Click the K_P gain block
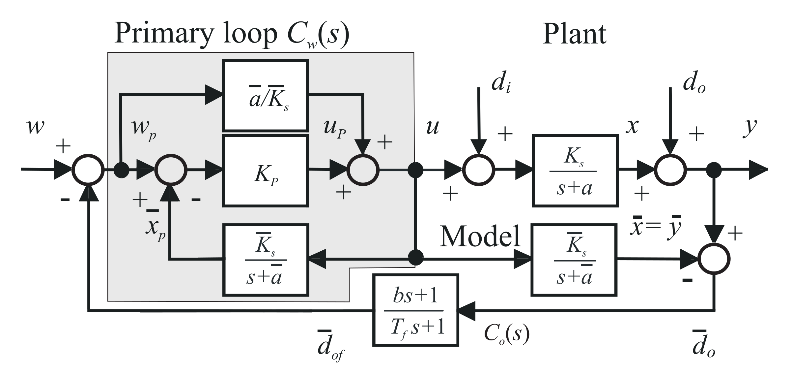click(266, 171)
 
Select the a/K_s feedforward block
click(266, 96)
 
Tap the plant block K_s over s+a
click(575, 171)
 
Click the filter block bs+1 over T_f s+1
click(415, 310)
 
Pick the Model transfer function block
click(574, 260)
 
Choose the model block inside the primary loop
click(266, 260)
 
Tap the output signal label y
click(750, 127)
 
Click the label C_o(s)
click(506, 334)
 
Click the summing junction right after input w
click(88, 170)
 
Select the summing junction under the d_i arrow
click(479, 170)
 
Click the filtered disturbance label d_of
click(329, 350)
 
